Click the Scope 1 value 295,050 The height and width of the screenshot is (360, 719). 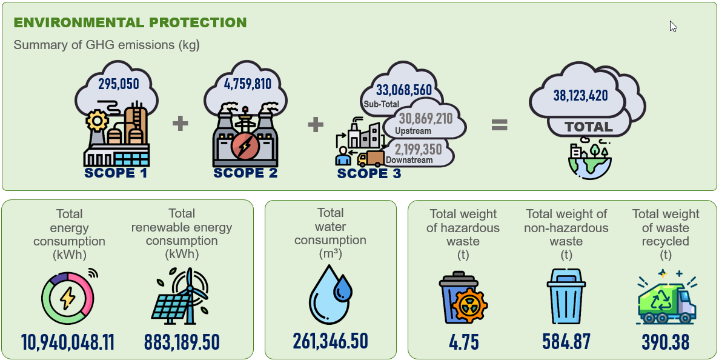tap(118, 84)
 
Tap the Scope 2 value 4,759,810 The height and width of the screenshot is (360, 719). tap(248, 84)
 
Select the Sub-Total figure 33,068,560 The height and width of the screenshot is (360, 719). tap(404, 90)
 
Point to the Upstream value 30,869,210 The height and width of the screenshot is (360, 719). tap(426, 119)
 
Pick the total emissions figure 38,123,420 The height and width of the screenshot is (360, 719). tap(580, 95)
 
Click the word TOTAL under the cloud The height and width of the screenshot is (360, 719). tap(588, 127)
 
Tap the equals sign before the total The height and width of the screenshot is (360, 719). tap(499, 125)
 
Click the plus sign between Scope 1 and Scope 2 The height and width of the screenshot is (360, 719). tap(181, 124)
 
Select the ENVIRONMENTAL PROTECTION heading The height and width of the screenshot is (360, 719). tap(130, 22)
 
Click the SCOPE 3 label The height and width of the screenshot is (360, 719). tap(369, 173)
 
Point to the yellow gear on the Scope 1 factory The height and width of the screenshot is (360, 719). tap(97, 121)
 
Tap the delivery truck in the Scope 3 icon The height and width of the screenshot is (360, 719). tap(371, 159)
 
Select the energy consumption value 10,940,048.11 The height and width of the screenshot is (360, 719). tap(68, 342)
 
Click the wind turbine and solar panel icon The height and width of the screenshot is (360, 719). tap(181, 295)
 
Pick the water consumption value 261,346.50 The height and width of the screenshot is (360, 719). tap(330, 341)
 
